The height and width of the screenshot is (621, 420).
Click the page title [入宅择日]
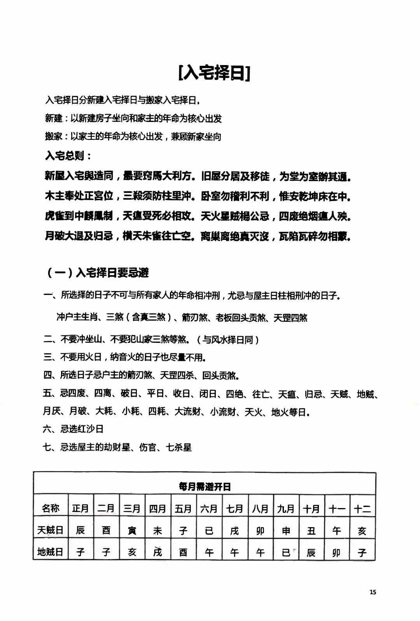click(x=214, y=73)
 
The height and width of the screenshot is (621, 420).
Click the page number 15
click(x=373, y=592)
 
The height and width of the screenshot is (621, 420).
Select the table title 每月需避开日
click(x=205, y=487)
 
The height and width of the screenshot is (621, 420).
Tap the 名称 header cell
click(x=51, y=508)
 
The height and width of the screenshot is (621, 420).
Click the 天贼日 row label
click(x=50, y=530)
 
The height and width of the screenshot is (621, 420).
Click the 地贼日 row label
click(x=50, y=552)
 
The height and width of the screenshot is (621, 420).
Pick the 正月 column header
click(x=80, y=508)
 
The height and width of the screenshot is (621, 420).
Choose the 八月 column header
click(x=260, y=508)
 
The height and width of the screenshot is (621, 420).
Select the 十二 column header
click(x=362, y=508)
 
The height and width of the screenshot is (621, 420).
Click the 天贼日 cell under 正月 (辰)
click(x=80, y=530)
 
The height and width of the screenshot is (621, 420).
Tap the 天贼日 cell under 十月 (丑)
click(x=311, y=531)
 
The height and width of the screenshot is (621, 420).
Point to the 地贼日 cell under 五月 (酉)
click(x=183, y=552)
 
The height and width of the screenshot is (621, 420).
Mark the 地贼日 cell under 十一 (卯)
click(x=337, y=552)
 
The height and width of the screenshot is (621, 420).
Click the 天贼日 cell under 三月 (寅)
click(x=132, y=531)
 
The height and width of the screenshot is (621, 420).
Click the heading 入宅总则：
click(x=68, y=156)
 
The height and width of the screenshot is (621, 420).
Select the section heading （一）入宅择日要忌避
click(x=97, y=273)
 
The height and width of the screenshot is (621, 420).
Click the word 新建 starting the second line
click(x=54, y=118)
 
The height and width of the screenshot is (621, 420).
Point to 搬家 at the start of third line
click(x=54, y=137)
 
